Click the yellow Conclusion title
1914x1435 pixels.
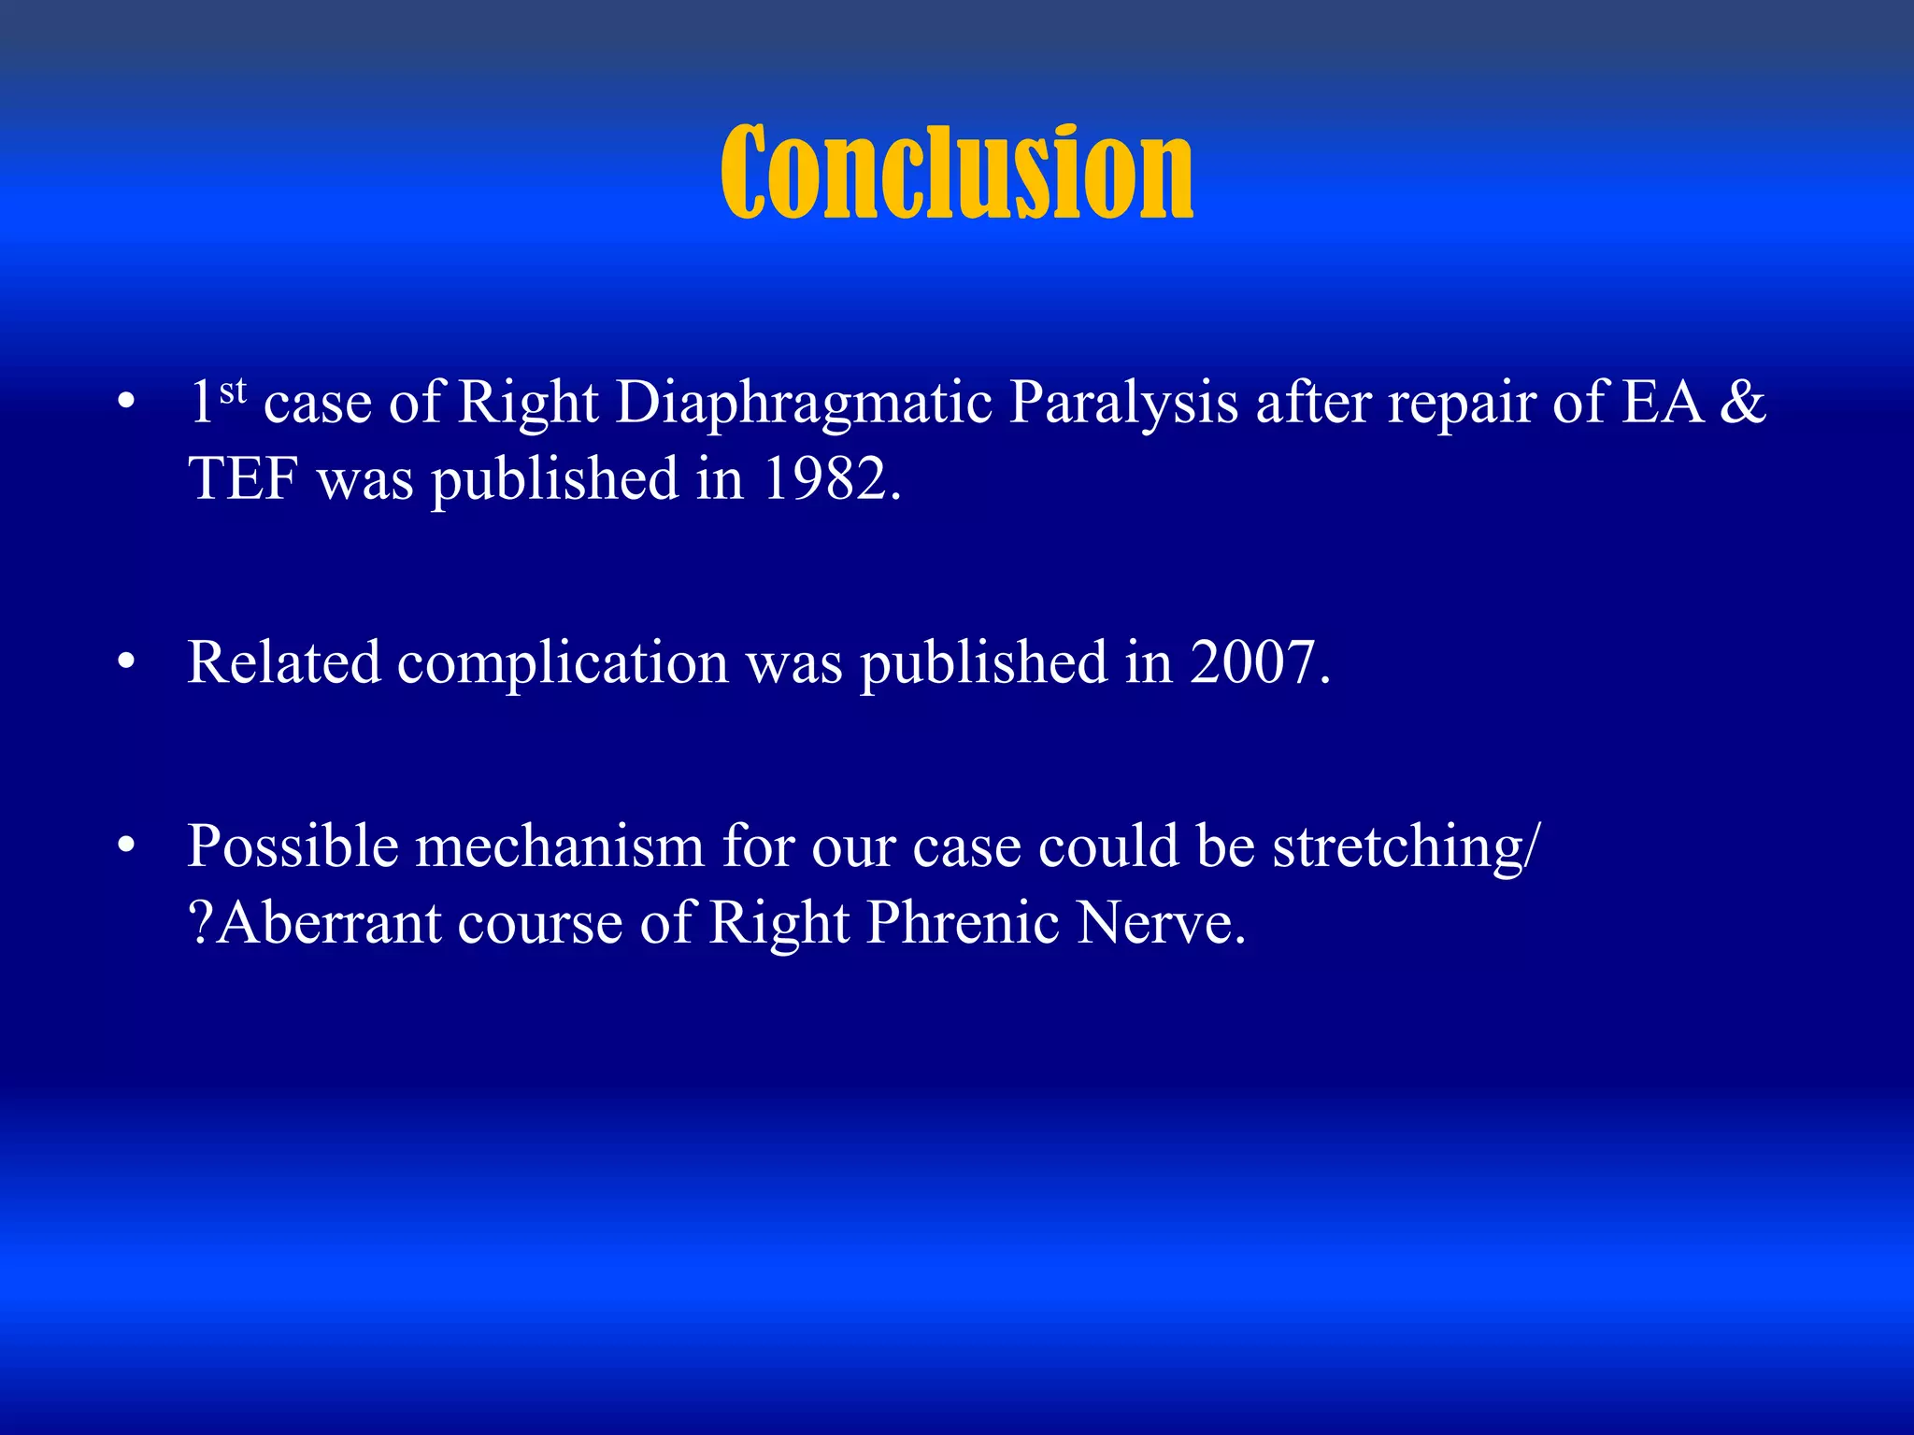click(956, 173)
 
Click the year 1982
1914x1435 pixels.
click(831, 479)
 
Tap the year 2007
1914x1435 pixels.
click(1259, 663)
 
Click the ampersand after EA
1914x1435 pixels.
click(1742, 404)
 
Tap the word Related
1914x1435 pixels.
click(284, 663)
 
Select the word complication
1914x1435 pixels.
click(563, 663)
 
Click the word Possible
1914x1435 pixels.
click(293, 847)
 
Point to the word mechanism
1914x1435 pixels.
click(559, 847)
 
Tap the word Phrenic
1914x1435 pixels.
click(963, 924)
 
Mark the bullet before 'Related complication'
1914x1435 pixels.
click(126, 663)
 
